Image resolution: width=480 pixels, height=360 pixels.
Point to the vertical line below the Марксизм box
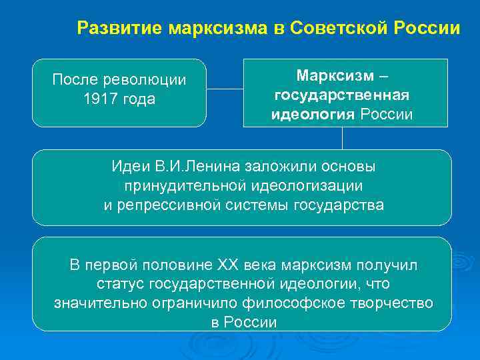[342, 138]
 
